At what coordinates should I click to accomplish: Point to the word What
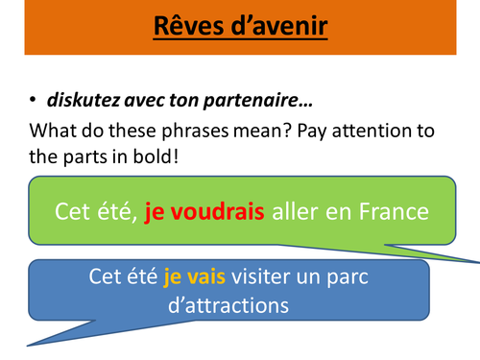[54, 132]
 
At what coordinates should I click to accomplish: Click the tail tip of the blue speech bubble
[28, 346]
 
